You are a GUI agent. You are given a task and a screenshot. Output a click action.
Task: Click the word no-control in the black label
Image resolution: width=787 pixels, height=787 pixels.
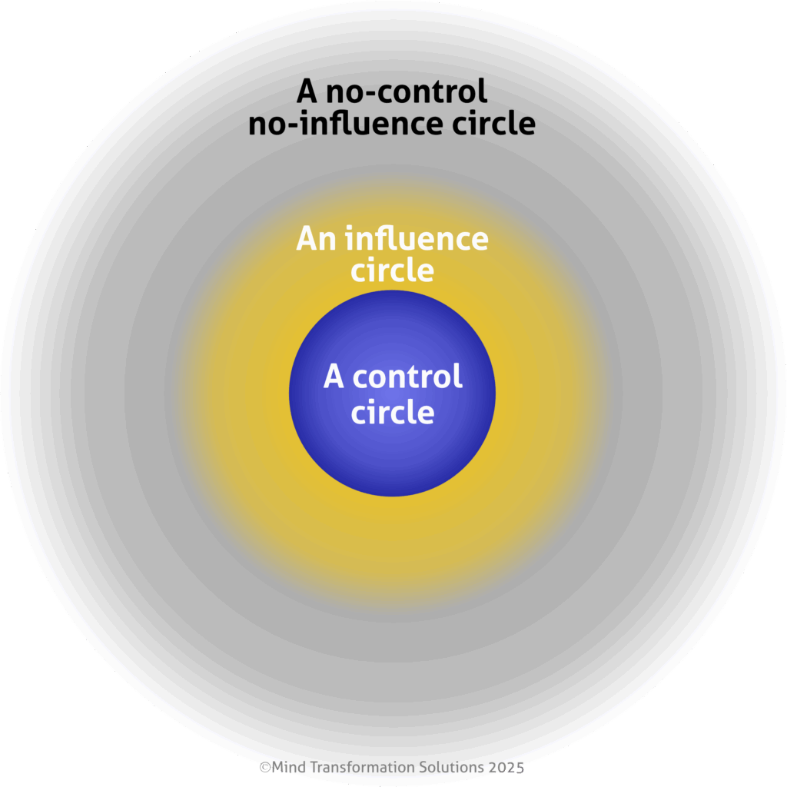point(406,92)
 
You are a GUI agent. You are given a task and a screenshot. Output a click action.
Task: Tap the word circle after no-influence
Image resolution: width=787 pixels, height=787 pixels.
point(487,123)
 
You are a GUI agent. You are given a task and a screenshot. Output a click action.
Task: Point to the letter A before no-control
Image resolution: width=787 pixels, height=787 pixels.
point(307,92)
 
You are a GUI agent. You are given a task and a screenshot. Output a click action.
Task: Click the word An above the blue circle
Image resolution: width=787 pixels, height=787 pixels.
point(317,239)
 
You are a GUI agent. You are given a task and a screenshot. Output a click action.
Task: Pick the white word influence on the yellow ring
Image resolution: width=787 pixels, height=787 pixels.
point(416,239)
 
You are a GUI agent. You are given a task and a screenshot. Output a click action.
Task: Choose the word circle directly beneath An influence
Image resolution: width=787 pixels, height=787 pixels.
point(392,271)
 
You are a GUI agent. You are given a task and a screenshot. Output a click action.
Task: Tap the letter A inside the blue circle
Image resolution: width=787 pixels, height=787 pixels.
point(334,377)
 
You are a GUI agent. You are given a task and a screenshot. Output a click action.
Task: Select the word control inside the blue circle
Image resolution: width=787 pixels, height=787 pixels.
point(407,377)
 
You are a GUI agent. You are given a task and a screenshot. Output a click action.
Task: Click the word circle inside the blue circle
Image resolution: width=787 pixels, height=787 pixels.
point(392,413)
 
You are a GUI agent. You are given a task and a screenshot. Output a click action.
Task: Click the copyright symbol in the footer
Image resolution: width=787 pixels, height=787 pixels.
point(265,767)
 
